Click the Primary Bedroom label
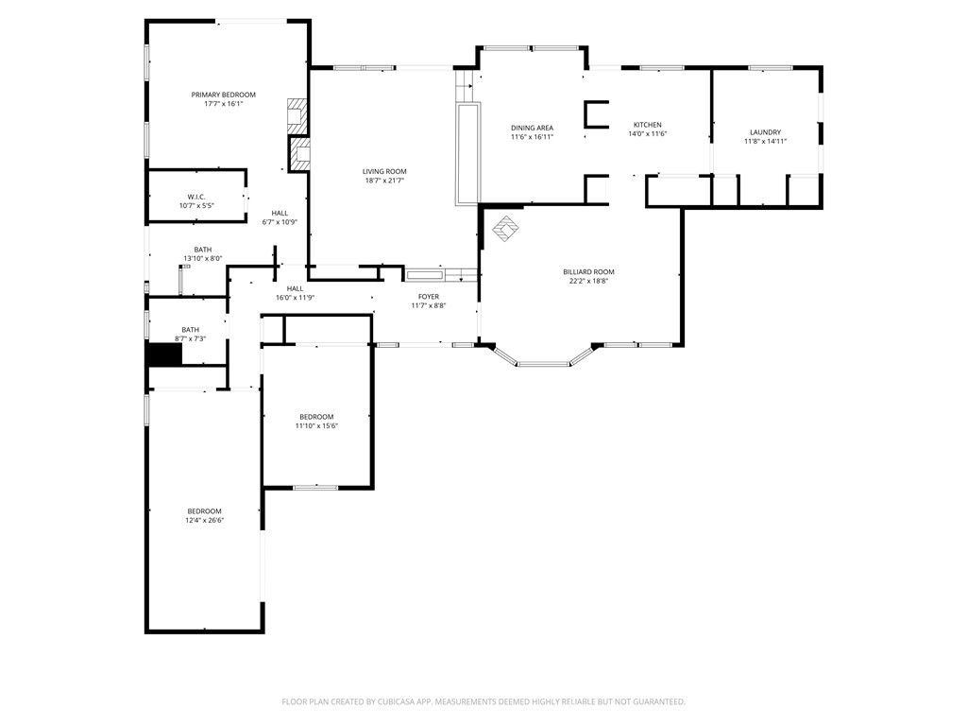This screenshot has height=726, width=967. pyautogui.click(x=223, y=95)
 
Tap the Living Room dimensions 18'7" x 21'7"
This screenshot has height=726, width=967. pyautogui.click(x=384, y=181)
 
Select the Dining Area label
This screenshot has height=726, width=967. pyautogui.click(x=532, y=128)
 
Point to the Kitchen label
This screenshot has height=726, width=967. pyautogui.click(x=648, y=125)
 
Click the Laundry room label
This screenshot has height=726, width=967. pyautogui.click(x=765, y=132)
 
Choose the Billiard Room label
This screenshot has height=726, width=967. pyautogui.click(x=588, y=271)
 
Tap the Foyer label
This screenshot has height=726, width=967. pyautogui.click(x=429, y=296)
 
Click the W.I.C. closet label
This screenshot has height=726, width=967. pyautogui.click(x=196, y=197)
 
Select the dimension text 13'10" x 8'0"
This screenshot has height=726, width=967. pyautogui.click(x=202, y=259)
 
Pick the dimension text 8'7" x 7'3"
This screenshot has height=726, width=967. pyautogui.click(x=190, y=339)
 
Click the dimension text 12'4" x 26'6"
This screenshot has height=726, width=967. pyautogui.click(x=204, y=521)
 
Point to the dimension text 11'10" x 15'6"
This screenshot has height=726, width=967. pyautogui.click(x=316, y=426)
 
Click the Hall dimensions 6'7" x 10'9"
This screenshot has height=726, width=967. pyautogui.click(x=280, y=222)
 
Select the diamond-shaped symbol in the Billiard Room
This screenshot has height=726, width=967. pyautogui.click(x=505, y=229)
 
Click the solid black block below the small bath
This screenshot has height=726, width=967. pyautogui.click(x=164, y=355)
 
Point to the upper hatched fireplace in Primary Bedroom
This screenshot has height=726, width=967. pyautogui.click(x=297, y=115)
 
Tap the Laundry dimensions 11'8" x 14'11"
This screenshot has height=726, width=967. pyautogui.click(x=765, y=142)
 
